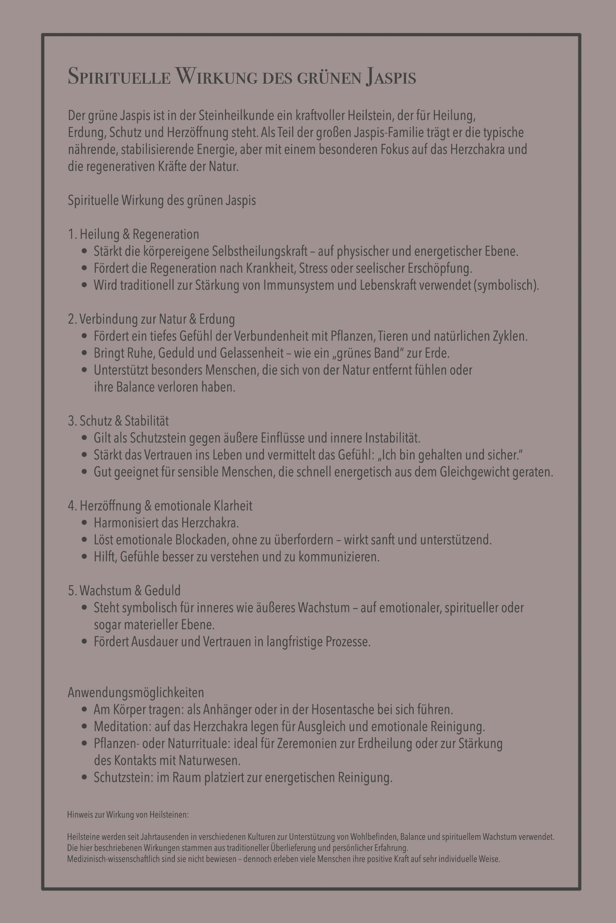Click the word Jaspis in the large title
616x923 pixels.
(x=391, y=77)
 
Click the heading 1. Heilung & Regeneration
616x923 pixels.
(x=134, y=234)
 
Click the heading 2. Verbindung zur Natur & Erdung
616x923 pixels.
(x=151, y=319)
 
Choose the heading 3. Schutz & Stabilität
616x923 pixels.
(x=118, y=421)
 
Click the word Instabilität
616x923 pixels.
(x=393, y=438)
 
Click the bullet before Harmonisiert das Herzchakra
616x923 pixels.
(x=84, y=523)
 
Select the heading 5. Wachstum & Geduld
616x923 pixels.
(x=124, y=590)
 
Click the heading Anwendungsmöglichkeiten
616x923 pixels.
(x=136, y=693)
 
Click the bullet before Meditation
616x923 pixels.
(x=84, y=726)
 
